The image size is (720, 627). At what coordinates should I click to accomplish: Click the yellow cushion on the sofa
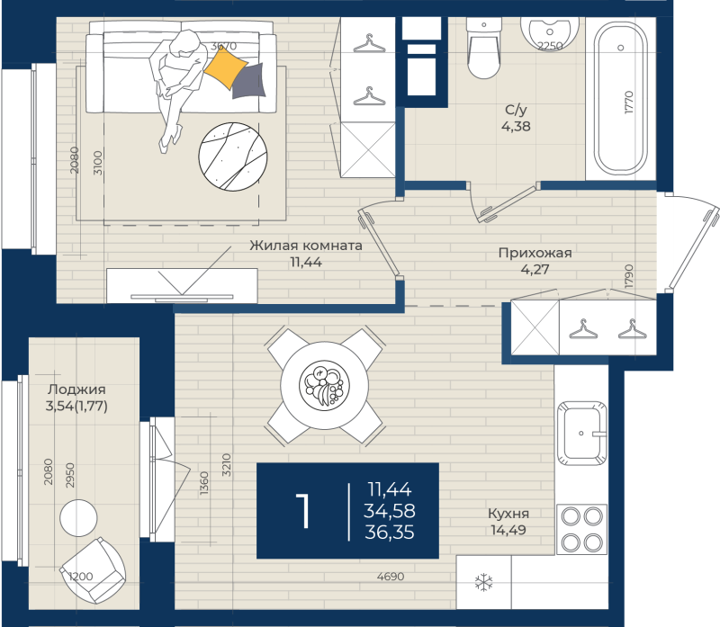point(226,68)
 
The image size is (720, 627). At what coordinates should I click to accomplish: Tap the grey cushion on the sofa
point(248,81)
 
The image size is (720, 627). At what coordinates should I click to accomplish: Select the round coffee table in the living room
point(233,157)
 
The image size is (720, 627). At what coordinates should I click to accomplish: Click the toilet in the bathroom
point(483,49)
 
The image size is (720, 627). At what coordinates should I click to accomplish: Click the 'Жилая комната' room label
point(306,246)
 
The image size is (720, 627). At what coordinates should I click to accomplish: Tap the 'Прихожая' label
point(535,253)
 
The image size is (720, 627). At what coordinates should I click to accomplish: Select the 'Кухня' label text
point(508,513)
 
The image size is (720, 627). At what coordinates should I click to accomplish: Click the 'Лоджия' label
point(76,390)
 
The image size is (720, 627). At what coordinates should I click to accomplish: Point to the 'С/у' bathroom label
point(516,110)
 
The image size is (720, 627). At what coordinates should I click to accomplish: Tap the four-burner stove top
point(581,529)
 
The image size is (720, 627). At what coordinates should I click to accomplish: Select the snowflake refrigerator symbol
point(483,582)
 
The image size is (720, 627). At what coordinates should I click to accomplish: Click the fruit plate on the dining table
point(324,384)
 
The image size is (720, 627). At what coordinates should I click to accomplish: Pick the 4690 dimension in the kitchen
point(391,577)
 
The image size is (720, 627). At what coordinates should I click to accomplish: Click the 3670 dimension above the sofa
point(223,46)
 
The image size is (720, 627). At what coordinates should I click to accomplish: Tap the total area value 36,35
point(390,533)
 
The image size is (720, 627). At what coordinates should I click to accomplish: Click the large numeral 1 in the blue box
point(303,511)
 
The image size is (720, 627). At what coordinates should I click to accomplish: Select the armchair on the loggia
point(93,570)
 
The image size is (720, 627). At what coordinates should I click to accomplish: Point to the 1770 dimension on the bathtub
point(628,103)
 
